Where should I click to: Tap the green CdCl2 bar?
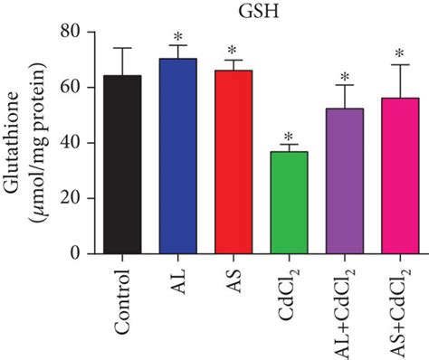289,203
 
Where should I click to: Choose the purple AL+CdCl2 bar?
344,181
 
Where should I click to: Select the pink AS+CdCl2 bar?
399,175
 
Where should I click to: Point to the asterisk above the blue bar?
177,38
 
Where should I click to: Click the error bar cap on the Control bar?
122,48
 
